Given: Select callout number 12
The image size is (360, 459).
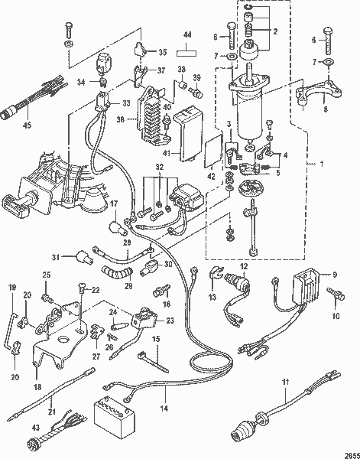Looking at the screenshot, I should (245, 265).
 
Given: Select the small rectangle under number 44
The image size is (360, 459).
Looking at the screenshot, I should (188, 54).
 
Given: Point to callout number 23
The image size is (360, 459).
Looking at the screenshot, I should (170, 321).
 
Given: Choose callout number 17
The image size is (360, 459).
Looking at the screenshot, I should (112, 205).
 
